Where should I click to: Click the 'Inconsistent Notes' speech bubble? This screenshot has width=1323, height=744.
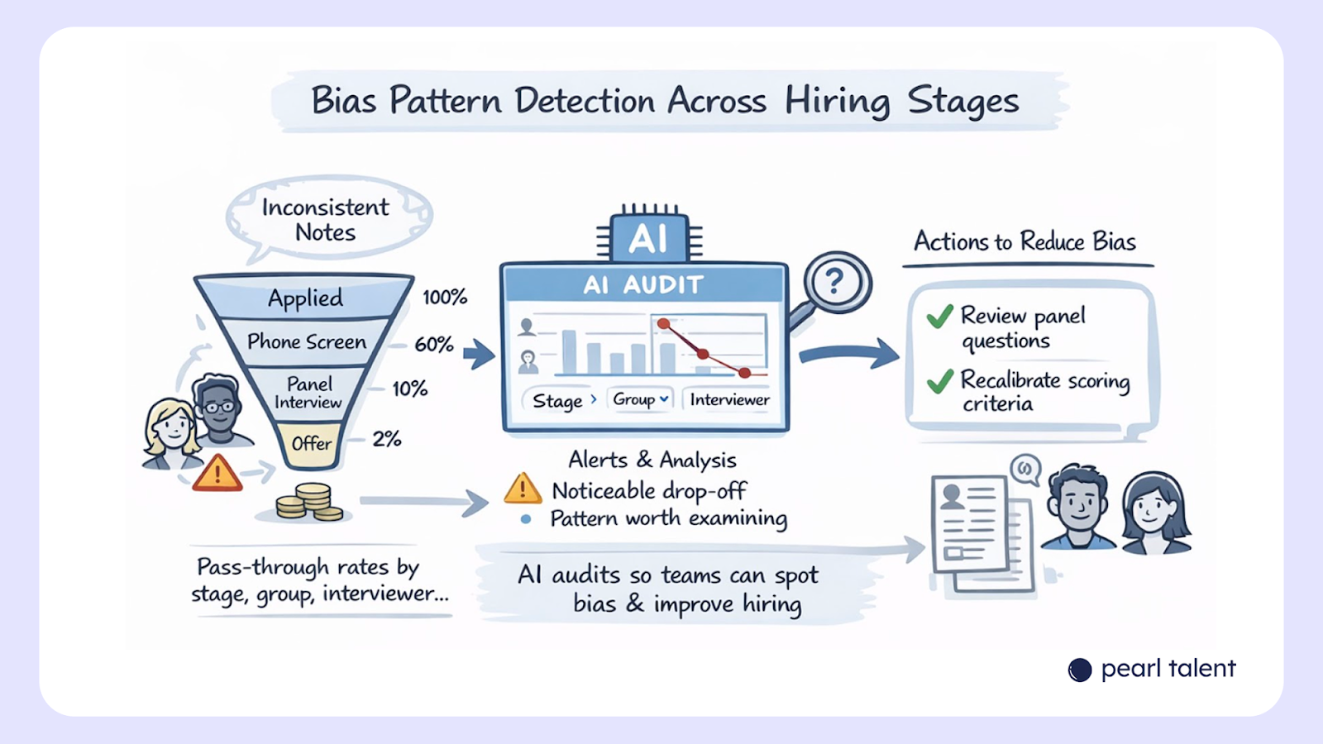pyautogui.click(x=326, y=219)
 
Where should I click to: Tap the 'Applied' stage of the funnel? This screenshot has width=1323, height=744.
pyautogui.click(x=305, y=298)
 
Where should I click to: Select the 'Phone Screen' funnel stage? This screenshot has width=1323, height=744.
pyautogui.click(x=307, y=341)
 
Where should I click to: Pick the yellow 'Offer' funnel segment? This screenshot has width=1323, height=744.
pyautogui.click(x=311, y=444)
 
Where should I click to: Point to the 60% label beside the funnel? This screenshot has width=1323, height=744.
pyautogui.click(x=434, y=345)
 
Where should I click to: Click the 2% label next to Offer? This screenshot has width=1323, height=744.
pyautogui.click(x=386, y=439)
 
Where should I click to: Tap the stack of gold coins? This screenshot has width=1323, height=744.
pyautogui.click(x=308, y=502)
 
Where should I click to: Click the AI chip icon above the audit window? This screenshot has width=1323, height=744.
pyautogui.click(x=649, y=238)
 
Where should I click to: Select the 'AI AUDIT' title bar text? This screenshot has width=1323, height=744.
pyautogui.click(x=643, y=285)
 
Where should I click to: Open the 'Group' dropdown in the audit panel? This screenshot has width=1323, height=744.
pyautogui.click(x=640, y=399)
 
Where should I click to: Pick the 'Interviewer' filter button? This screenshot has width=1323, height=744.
pyautogui.click(x=729, y=400)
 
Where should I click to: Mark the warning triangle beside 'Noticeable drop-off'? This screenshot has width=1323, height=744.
pyautogui.click(x=523, y=489)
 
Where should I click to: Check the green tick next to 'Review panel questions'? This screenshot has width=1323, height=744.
pyautogui.click(x=940, y=317)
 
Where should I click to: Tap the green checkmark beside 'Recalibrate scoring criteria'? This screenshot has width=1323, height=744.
pyautogui.click(x=940, y=380)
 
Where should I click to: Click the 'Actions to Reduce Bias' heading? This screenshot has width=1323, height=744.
pyautogui.click(x=1024, y=241)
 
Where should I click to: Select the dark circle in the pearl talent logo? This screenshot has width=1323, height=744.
pyautogui.click(x=1080, y=670)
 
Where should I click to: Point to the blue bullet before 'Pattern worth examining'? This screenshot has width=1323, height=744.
pyautogui.click(x=526, y=519)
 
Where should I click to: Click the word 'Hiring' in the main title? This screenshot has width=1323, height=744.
pyautogui.click(x=837, y=102)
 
